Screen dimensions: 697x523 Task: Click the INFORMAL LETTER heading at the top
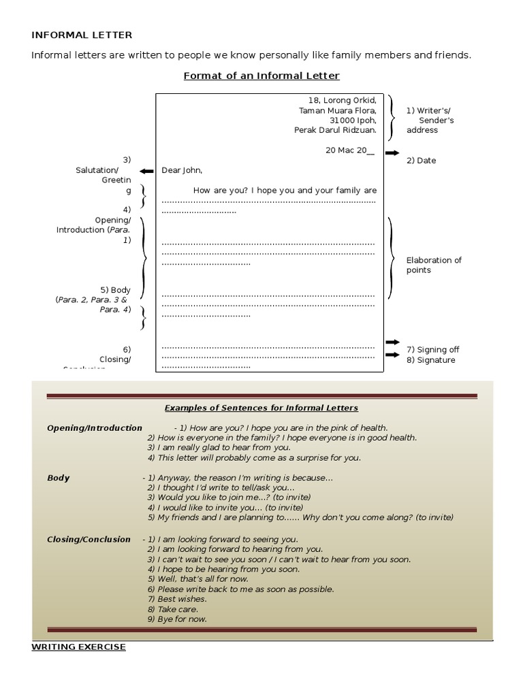[82, 35]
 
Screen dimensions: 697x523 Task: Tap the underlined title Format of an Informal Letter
[261, 76]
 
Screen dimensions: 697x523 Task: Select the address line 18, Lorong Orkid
[342, 100]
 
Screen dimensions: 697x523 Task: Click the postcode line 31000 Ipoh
[352, 120]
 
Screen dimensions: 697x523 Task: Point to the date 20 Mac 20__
[350, 150]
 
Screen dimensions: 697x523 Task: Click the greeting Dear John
[182, 170]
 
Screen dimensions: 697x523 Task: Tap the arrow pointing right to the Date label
[392, 153]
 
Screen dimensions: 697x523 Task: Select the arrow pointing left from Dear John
[146, 171]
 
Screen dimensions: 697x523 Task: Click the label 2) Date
[421, 161]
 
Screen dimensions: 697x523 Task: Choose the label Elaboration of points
[434, 265]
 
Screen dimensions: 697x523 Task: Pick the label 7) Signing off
[432, 350]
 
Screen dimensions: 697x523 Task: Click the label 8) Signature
[431, 360]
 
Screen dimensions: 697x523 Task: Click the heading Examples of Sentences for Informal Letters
[261, 408]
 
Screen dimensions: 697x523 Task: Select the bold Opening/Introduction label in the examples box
[95, 428]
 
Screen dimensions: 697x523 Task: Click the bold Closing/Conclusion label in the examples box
[89, 539]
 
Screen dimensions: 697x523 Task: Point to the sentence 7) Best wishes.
[177, 599]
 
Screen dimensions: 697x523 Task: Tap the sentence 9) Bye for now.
[177, 619]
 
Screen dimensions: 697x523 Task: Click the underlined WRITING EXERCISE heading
[78, 647]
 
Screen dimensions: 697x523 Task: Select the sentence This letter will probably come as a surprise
[254, 458]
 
